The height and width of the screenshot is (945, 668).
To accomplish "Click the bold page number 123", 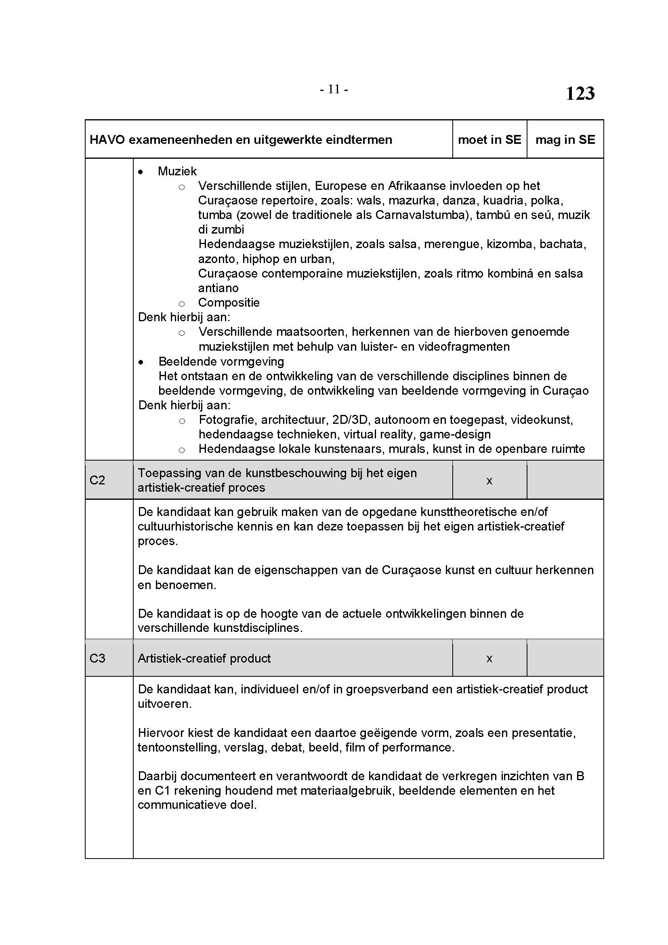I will (x=580, y=93).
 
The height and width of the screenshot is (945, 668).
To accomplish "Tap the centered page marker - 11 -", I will (x=334, y=89).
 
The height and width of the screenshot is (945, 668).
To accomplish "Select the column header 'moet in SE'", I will (x=489, y=140).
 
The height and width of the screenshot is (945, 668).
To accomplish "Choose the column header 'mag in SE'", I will (x=565, y=140).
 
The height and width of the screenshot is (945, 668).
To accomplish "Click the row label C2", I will (x=97, y=480).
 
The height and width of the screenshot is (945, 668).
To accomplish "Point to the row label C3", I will (x=97, y=658).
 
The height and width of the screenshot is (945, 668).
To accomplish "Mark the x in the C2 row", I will (x=489, y=480).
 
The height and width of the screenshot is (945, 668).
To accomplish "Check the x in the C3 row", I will (x=489, y=659).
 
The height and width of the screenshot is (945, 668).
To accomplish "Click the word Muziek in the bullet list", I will (x=177, y=171).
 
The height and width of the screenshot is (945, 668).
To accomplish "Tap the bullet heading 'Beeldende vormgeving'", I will (x=221, y=361).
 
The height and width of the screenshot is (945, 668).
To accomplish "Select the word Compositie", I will (x=229, y=303).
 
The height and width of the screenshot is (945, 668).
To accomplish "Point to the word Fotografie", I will (x=226, y=420).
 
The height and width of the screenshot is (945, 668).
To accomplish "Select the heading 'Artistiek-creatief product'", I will (x=204, y=659).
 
